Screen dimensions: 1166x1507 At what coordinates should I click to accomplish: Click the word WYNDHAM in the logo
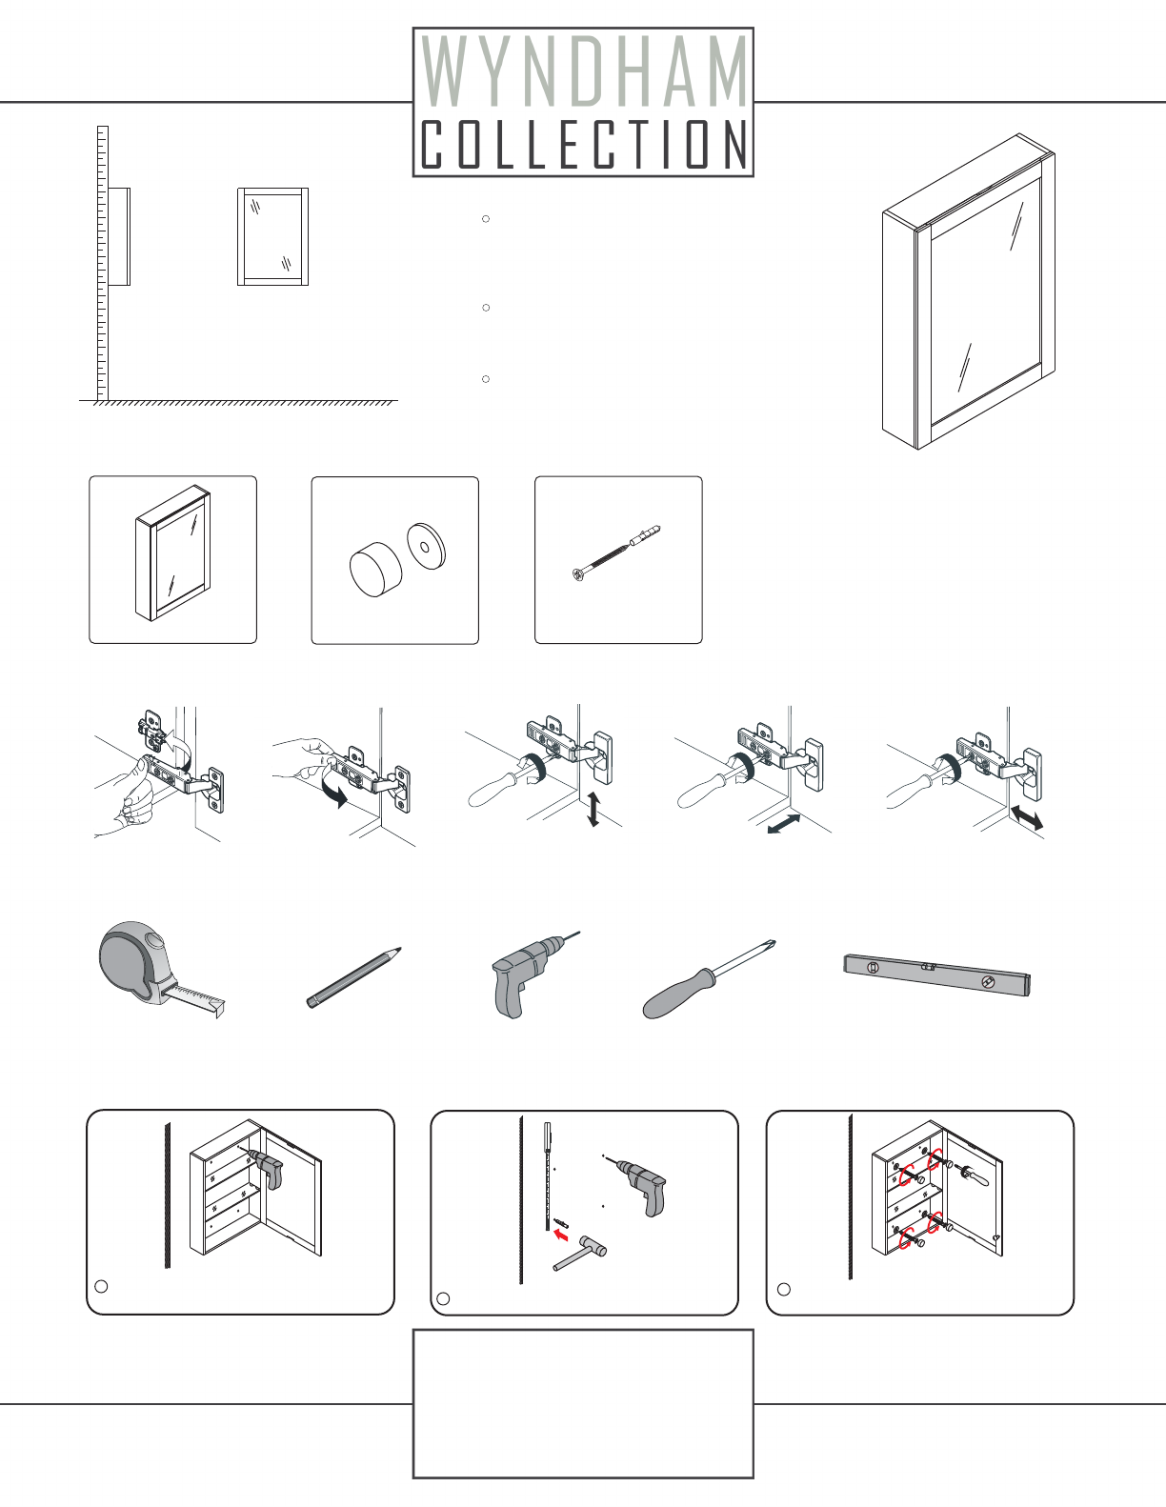pos(584,71)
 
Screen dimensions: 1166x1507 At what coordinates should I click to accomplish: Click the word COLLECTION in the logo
pos(584,144)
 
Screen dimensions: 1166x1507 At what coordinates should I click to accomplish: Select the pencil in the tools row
pos(353,977)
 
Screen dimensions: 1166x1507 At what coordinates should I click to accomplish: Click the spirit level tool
pos(936,975)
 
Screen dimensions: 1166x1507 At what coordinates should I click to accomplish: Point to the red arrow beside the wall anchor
pos(561,1236)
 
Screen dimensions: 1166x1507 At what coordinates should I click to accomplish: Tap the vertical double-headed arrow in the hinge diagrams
pos(593,810)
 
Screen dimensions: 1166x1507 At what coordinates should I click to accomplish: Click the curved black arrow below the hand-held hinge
pos(335,794)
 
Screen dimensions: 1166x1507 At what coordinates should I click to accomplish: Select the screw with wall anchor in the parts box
pos(616,553)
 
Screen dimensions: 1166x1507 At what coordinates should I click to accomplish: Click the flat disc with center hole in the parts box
pos(427,546)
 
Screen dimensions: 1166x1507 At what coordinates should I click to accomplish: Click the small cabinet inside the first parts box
pos(172,553)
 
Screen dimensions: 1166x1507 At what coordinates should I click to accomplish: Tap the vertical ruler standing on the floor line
pos(103,264)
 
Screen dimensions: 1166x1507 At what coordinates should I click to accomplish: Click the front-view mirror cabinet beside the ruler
pos(273,236)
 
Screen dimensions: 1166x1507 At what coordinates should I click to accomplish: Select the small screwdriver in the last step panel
pos(972,1175)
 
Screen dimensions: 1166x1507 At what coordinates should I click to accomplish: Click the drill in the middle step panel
pos(637,1183)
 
